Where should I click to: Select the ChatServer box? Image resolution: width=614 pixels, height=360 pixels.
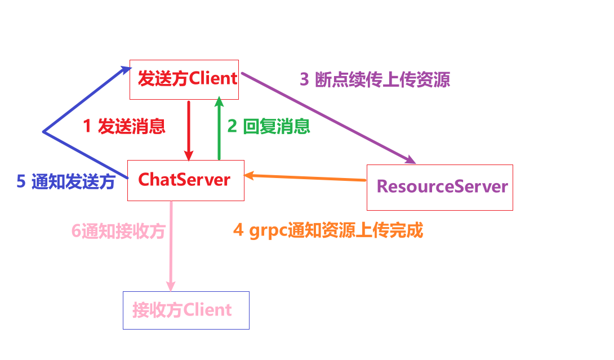coord(186,180)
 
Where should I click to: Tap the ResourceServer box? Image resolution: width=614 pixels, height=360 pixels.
coord(439,187)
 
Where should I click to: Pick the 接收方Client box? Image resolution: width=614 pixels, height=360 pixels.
coord(186,310)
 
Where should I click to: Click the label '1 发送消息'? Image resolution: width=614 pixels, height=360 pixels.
coord(124,126)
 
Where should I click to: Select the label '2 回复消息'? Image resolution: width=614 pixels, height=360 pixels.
coord(269,126)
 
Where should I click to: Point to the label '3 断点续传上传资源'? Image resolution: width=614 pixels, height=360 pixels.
coord(375,80)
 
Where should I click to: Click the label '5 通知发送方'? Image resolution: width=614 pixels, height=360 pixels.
coord(66,181)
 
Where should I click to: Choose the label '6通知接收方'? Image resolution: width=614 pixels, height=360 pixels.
coord(118,231)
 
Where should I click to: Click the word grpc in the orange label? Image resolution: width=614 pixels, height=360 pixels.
coord(267,231)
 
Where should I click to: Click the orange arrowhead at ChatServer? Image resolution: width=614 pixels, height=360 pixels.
coord(250,176)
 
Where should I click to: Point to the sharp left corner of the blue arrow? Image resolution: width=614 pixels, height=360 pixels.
coord(43,132)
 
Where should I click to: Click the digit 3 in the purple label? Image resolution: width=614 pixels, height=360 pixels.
coord(304,80)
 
